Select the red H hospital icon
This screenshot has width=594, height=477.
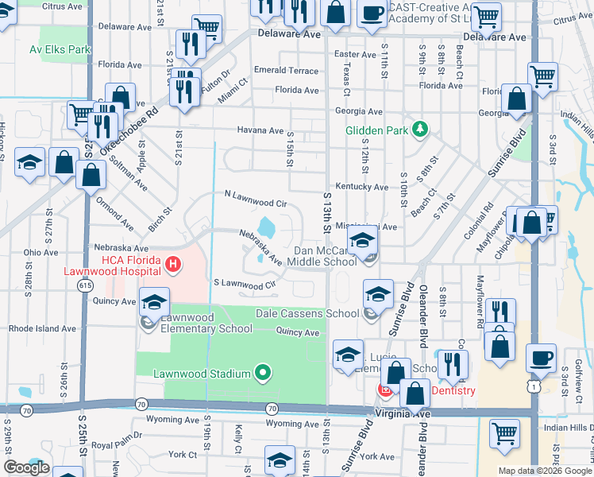coord(171,263)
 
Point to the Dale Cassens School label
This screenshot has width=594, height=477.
coord(307,313)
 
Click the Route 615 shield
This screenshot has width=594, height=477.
coord(84,285)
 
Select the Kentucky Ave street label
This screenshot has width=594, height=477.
coord(361,187)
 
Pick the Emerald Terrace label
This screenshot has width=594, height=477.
coord(286,71)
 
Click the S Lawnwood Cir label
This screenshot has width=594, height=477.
coord(244,284)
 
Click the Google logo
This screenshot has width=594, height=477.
coord(26,467)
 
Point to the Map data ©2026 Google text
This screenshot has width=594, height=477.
coord(545,471)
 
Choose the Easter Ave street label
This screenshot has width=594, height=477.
coord(354,54)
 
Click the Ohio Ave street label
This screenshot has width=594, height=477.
coord(40,253)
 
